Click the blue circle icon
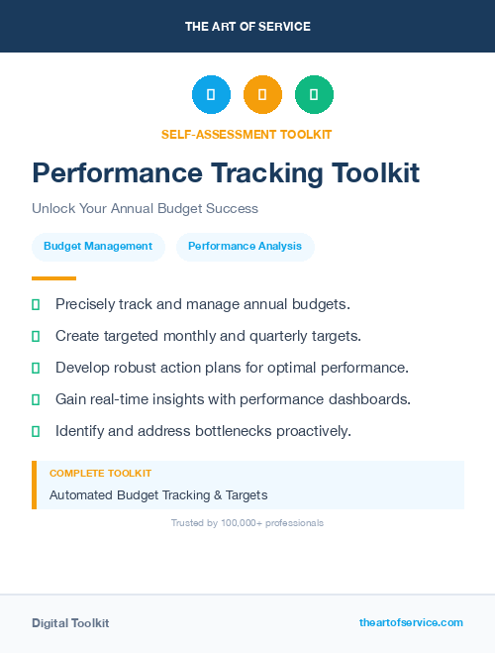[x=211, y=95]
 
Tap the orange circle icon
[x=262, y=95]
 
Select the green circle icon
[x=314, y=95]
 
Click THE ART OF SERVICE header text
[x=247, y=27]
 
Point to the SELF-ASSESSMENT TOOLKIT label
[x=247, y=134]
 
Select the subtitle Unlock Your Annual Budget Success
[x=145, y=209]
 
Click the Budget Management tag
[x=98, y=247]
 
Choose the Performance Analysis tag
[x=245, y=247]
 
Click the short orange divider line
[x=53, y=278]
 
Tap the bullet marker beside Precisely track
[x=36, y=304]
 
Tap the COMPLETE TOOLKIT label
[x=100, y=474]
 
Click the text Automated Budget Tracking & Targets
[x=158, y=494]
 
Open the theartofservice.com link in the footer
[x=411, y=622]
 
